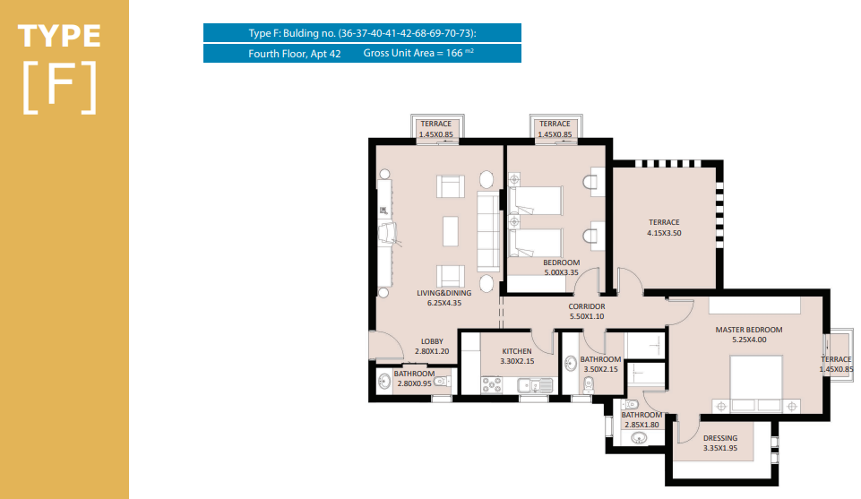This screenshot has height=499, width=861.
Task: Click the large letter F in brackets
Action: click(60, 86)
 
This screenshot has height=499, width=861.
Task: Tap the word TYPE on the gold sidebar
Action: click(59, 36)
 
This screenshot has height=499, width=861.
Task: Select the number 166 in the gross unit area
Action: click(454, 53)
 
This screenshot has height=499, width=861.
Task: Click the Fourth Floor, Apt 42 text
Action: click(295, 54)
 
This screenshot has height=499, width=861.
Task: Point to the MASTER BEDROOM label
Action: click(748, 330)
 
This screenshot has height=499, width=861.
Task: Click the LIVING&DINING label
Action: click(443, 293)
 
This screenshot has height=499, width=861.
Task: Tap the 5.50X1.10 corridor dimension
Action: click(587, 317)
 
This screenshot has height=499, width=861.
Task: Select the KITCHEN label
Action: click(517, 351)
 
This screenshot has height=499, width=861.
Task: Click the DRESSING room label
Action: click(719, 438)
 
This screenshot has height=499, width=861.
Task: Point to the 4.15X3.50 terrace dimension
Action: click(664, 233)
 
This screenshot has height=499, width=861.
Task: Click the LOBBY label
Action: click(432, 341)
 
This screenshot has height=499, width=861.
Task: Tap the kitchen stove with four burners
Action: click(492, 385)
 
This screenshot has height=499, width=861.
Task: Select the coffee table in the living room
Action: click(451, 231)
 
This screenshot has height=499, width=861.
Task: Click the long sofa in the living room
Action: click(488, 231)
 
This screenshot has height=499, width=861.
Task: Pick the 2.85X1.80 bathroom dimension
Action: click(641, 425)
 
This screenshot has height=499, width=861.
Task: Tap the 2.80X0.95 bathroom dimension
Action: click(414, 383)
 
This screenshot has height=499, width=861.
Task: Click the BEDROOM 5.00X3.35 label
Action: click(561, 267)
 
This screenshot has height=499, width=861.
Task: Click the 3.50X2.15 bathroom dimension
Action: click(600, 369)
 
